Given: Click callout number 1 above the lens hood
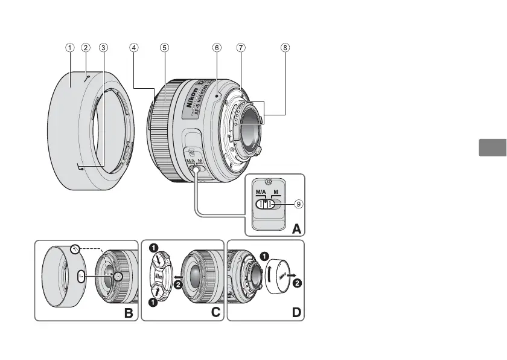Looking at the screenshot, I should tap(71, 47).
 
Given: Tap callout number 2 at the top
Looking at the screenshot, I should tap(86, 47).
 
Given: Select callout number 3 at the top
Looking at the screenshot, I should tap(104, 47).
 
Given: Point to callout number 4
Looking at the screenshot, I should tap(134, 47).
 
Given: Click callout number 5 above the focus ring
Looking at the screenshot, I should tap(164, 47).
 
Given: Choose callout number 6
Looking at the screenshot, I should tap(216, 47).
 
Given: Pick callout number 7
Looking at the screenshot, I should tap(241, 47).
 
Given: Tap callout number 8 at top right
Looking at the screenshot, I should tap(285, 47).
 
